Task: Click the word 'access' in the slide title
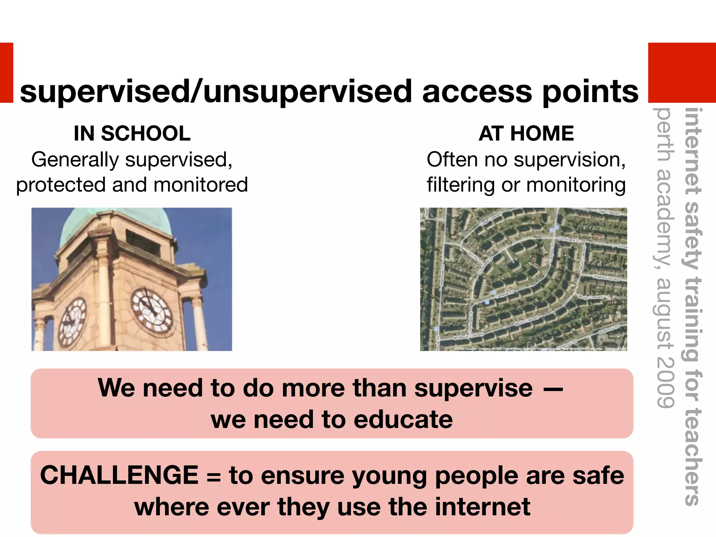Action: [478, 92]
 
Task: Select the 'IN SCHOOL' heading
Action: [132, 133]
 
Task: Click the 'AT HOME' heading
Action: [526, 133]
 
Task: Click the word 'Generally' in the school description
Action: [75, 160]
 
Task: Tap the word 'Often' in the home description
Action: [452, 160]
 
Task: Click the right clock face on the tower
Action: [152, 310]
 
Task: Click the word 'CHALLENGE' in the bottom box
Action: [119, 475]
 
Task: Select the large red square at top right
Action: [682, 73]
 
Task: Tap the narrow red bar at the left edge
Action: [6, 73]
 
